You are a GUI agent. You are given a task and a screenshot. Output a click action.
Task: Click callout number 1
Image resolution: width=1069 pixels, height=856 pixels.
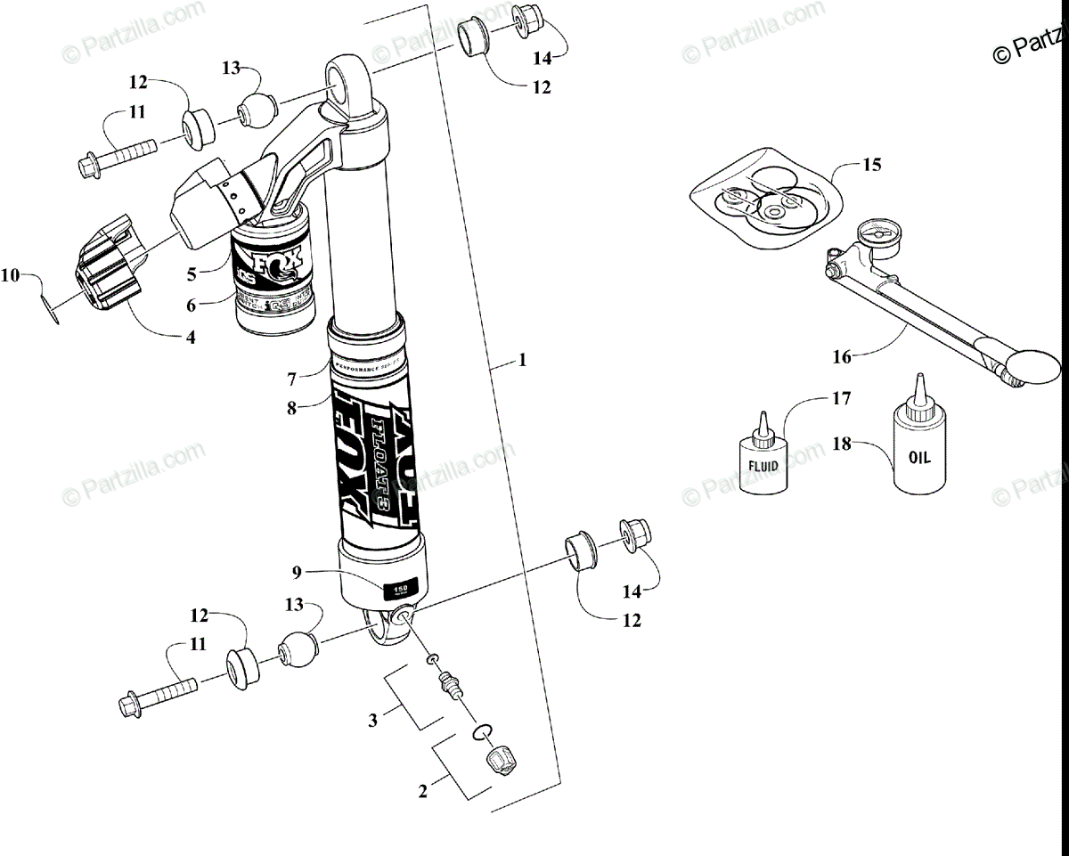click(x=523, y=361)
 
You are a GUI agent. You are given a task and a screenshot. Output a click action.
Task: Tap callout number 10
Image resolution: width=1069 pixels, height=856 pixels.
click(x=10, y=276)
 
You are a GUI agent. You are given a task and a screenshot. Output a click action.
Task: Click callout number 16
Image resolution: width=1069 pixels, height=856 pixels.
click(x=842, y=356)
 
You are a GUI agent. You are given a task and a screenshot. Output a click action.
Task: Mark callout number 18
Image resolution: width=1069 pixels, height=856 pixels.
click(x=842, y=443)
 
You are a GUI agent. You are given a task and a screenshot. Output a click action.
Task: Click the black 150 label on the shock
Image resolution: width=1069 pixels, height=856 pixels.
click(x=400, y=588)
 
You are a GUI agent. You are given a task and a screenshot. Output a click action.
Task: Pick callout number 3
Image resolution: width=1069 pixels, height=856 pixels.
click(x=374, y=719)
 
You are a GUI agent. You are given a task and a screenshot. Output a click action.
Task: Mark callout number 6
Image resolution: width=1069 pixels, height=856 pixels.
click(x=192, y=304)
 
